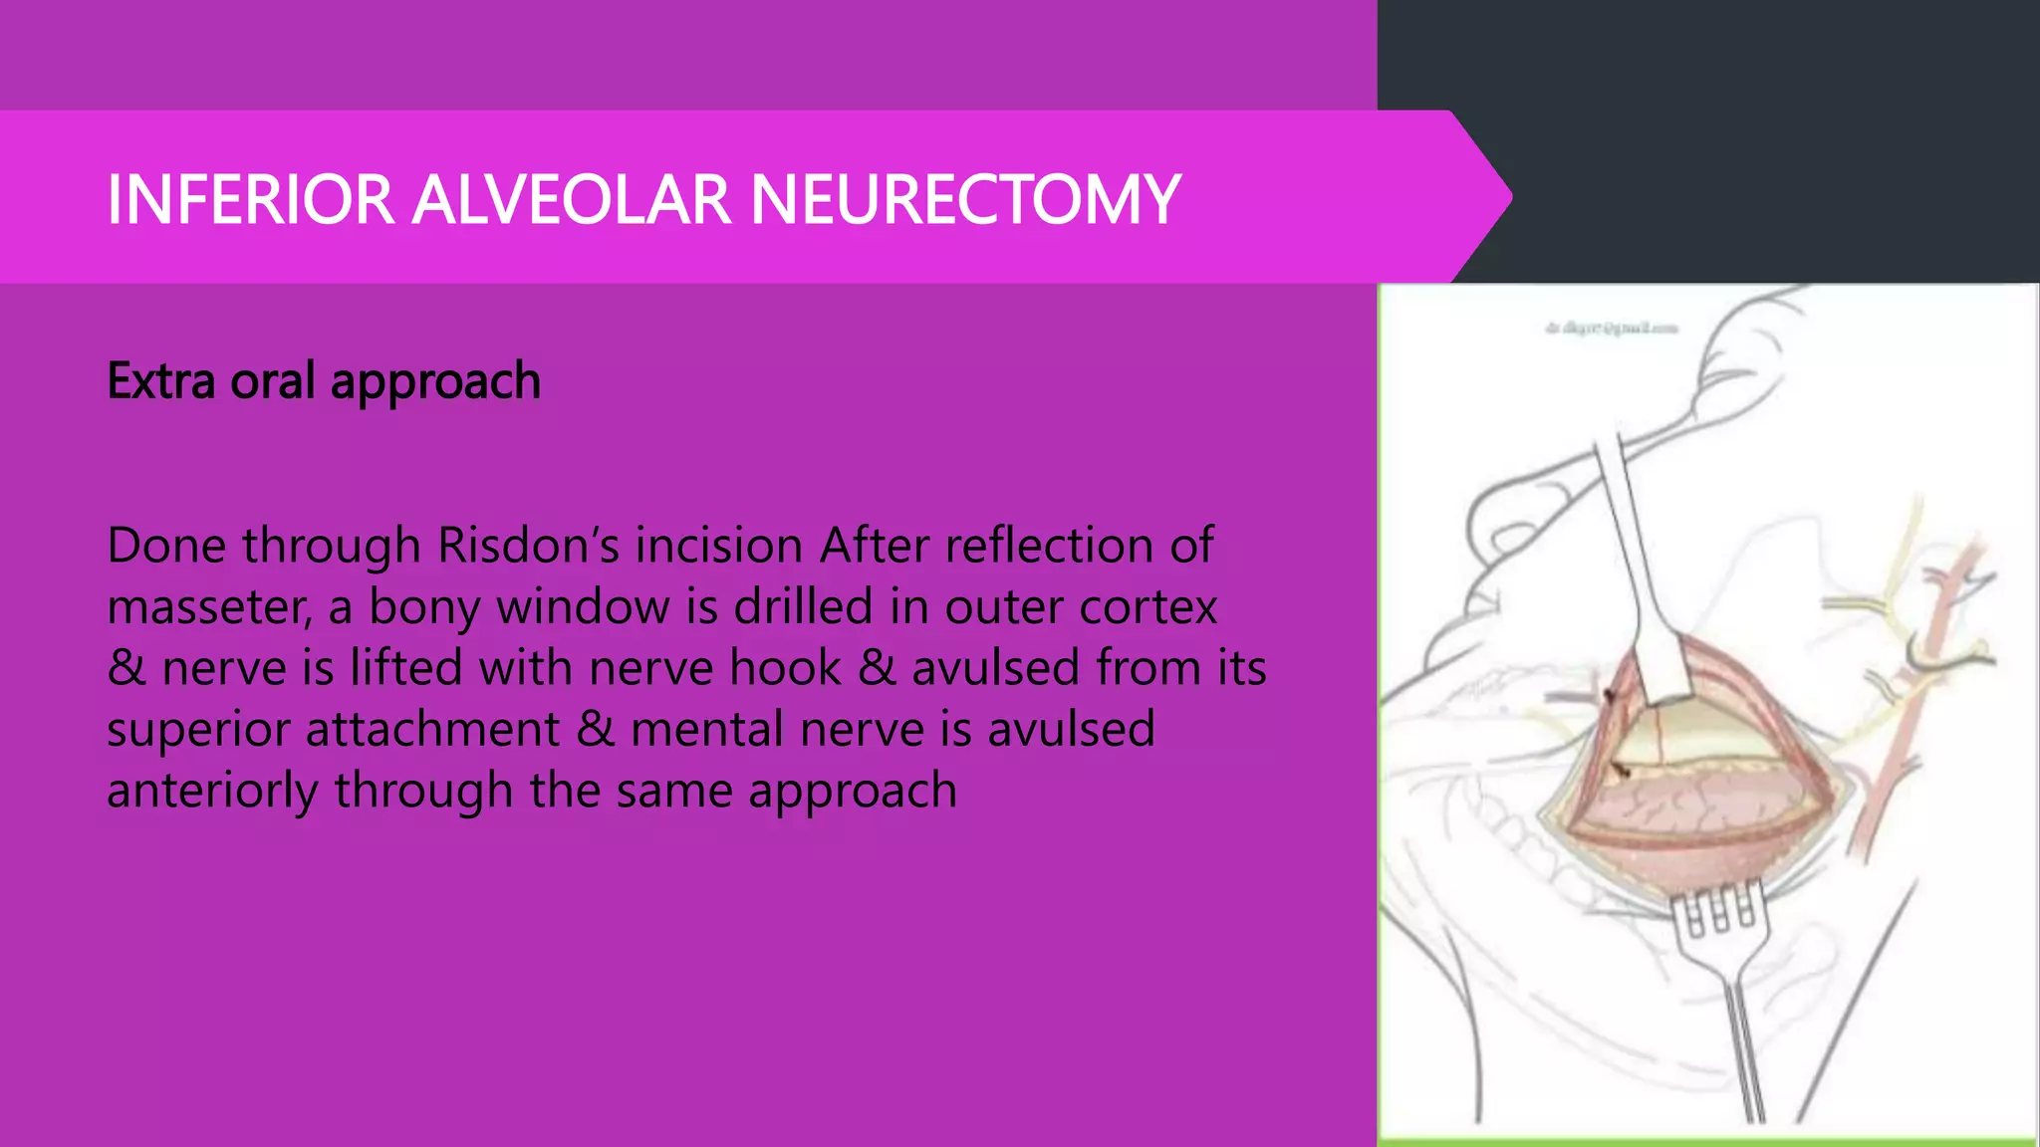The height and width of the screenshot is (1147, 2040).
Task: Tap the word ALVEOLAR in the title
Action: click(x=571, y=200)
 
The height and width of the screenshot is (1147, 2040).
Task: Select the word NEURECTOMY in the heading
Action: click(x=964, y=200)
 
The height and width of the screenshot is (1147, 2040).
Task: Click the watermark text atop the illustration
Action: click(x=1611, y=328)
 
